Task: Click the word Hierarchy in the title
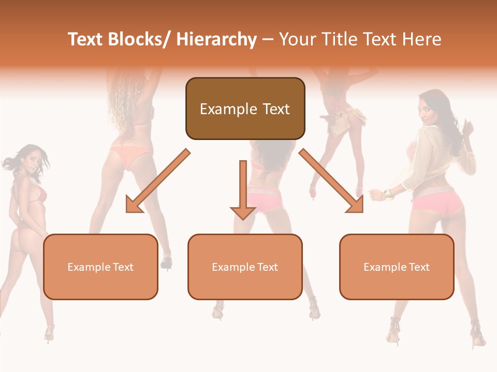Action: pyautogui.click(x=216, y=39)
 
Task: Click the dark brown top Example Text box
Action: pyautogui.click(x=245, y=109)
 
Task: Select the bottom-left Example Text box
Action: pyautogui.click(x=100, y=267)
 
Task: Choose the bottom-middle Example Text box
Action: pyautogui.click(x=245, y=267)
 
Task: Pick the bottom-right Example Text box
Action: pyautogui.click(x=397, y=267)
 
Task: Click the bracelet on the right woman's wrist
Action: pyautogui.click(x=386, y=194)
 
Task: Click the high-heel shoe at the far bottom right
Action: pyautogui.click(x=477, y=334)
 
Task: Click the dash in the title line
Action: pyautogui.click(x=268, y=39)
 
